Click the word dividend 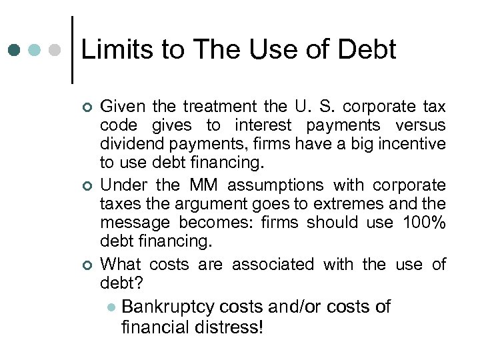pos(129,143)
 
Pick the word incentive pos(413,143)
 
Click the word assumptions pos(274,185)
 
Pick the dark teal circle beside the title pos(15,50)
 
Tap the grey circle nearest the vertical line pos(57,50)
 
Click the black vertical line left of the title pos(72,50)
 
